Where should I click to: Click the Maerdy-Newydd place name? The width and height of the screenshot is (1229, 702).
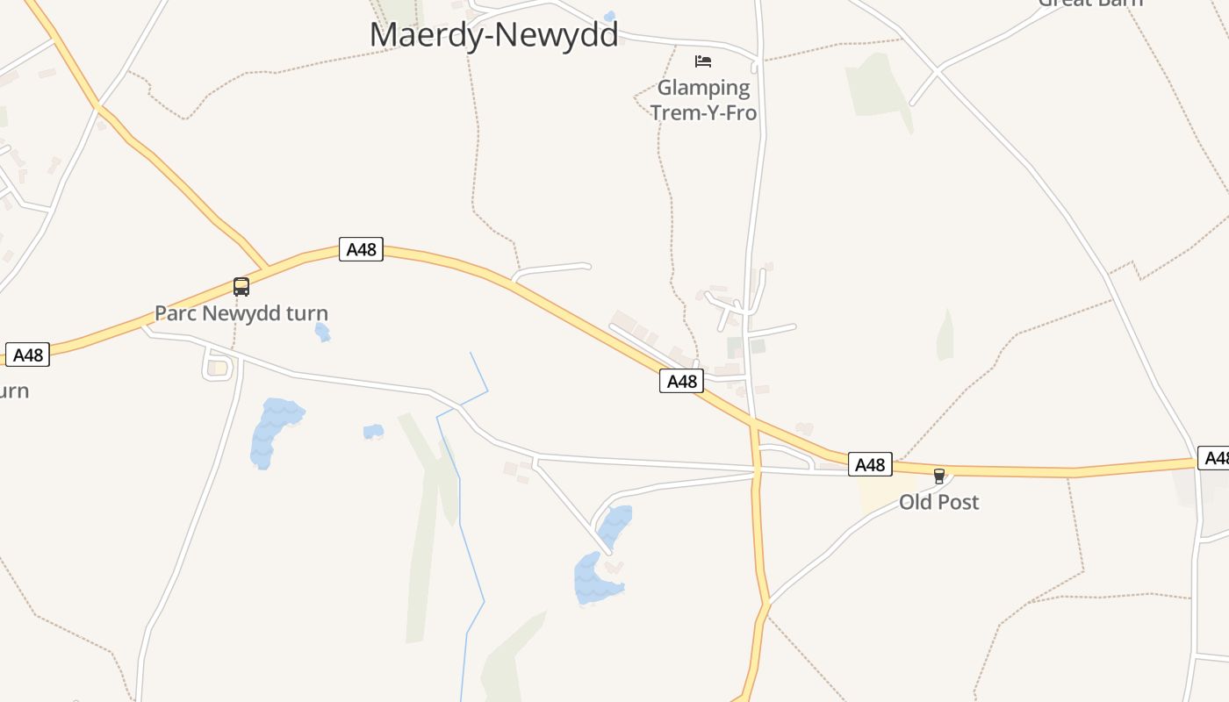point(493,35)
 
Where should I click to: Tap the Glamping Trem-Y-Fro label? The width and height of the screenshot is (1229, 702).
point(703,100)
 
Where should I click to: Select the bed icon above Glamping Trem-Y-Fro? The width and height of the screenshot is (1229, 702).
point(702,61)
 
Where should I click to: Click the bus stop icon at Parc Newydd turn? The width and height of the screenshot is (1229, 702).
point(241,286)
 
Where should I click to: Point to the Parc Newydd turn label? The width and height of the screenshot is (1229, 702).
point(241,313)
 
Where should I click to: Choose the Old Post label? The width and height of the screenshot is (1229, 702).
point(938,502)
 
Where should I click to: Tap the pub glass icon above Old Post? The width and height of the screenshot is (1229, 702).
point(939,476)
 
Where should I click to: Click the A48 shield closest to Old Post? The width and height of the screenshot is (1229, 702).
point(870,464)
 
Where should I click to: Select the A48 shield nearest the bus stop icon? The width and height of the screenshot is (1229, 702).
point(361,249)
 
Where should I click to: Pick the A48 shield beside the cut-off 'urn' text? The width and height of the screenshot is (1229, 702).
point(28,355)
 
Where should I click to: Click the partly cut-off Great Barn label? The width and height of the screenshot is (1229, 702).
point(1090,4)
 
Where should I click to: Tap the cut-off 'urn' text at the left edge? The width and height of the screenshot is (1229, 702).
point(14,391)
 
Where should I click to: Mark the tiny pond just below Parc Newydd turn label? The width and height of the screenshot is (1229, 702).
point(322,332)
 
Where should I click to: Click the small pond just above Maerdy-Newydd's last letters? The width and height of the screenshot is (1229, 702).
point(609,16)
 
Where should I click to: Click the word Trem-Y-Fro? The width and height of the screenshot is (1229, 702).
point(703,112)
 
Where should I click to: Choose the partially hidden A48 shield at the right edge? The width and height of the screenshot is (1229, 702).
point(1215,458)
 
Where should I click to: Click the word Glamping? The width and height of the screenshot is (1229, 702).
point(703,88)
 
